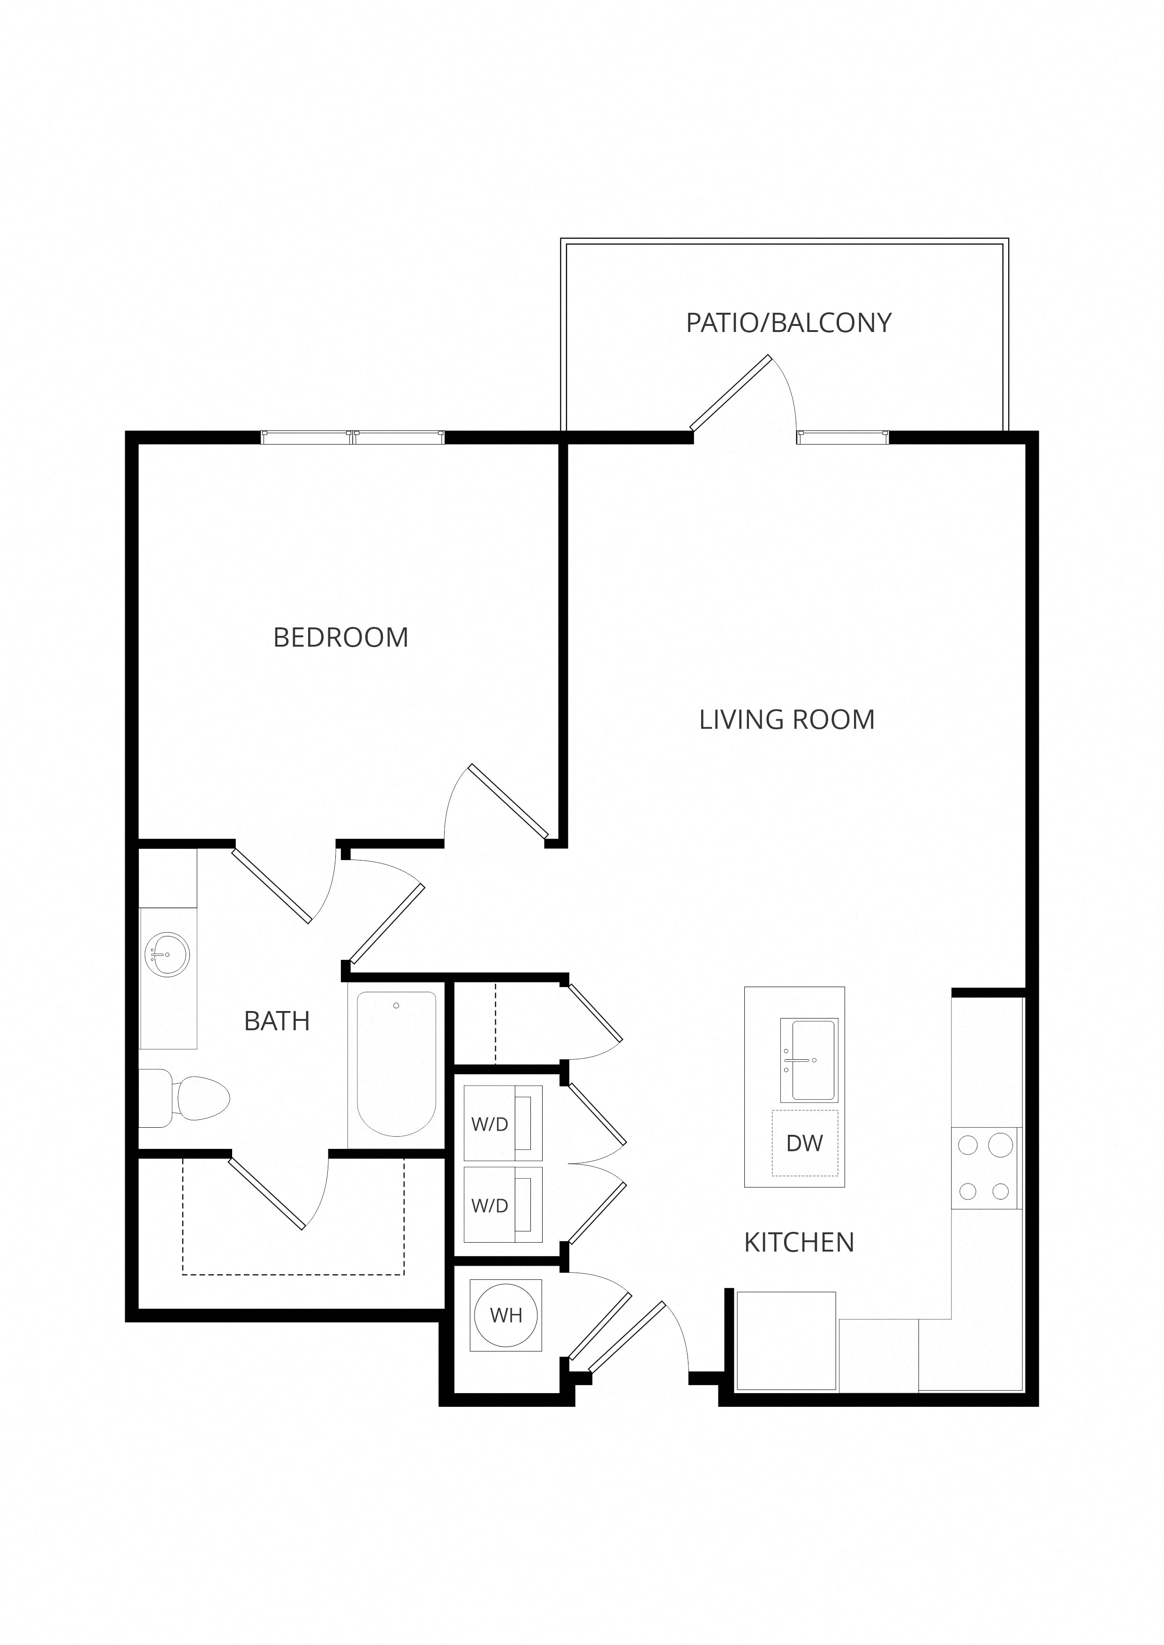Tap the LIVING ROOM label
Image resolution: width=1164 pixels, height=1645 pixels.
787,719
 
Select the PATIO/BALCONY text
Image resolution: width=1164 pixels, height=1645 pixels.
788,323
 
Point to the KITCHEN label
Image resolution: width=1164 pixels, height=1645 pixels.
799,1242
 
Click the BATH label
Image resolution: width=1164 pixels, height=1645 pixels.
277,1021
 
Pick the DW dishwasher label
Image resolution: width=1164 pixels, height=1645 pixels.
804,1143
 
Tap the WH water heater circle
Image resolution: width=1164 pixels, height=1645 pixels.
506,1315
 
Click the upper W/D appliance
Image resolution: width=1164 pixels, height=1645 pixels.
503,1124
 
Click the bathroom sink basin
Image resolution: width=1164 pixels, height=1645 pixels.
168,954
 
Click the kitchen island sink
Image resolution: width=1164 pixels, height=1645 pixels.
809,1060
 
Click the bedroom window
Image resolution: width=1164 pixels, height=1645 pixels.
353,437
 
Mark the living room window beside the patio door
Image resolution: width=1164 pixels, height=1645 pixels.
843,437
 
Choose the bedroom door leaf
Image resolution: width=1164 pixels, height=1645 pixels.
508,801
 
